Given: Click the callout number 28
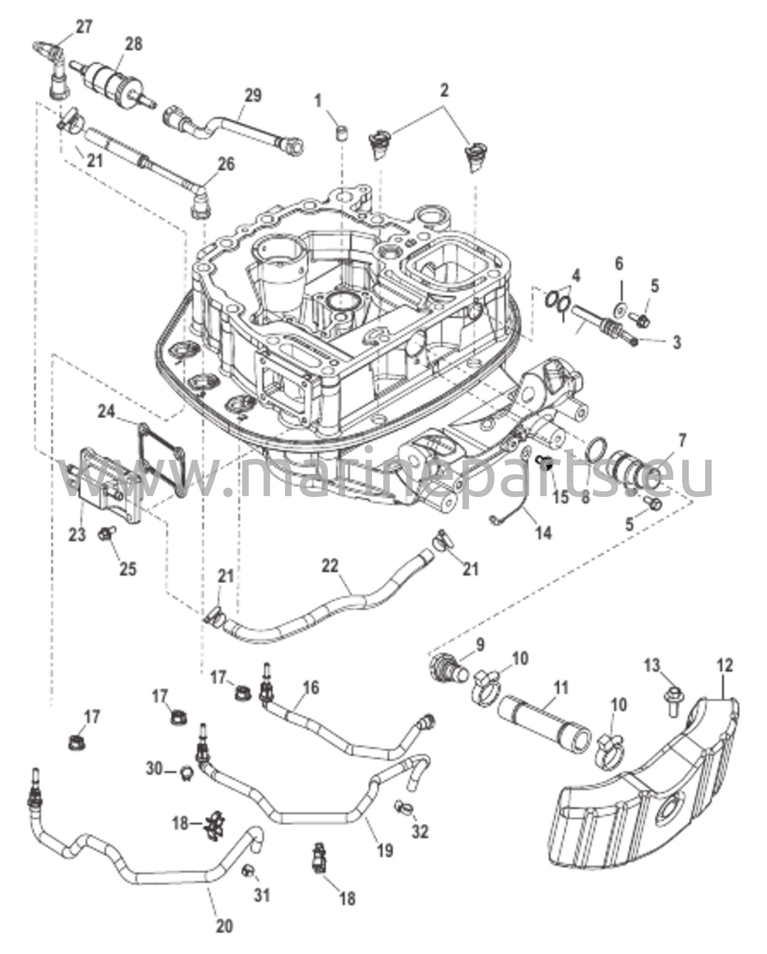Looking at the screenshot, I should (133, 44).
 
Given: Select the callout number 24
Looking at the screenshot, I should (106, 411).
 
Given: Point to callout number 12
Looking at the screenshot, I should (725, 665).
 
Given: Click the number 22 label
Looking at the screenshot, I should (331, 566).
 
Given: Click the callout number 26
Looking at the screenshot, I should (226, 164).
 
